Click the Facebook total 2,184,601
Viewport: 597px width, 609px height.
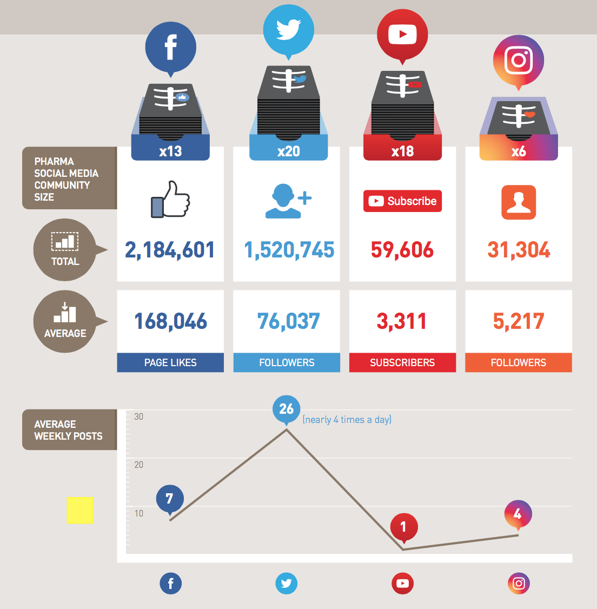[x=170, y=250]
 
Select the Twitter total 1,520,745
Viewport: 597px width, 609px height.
[x=289, y=250]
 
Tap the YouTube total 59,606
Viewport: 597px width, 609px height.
[x=402, y=250]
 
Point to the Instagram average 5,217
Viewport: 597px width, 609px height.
[x=518, y=321]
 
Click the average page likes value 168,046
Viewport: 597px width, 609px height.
[x=170, y=321]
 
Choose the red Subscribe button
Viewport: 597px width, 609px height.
[x=402, y=201]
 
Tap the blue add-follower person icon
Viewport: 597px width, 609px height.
[x=288, y=201]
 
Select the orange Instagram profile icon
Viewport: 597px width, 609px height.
[x=519, y=202]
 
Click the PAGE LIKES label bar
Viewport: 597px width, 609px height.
[x=170, y=362]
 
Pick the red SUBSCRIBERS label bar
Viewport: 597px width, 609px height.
[x=402, y=362]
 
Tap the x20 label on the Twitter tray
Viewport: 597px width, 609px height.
[x=288, y=151]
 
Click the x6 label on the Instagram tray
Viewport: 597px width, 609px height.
[x=519, y=151]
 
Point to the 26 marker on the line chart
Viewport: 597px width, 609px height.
[x=287, y=409]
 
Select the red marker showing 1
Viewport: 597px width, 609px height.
[x=403, y=526]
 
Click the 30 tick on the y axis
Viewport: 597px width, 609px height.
[x=139, y=416]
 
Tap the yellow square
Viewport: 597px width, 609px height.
[x=80, y=510]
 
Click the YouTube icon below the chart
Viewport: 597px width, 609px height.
[x=402, y=583]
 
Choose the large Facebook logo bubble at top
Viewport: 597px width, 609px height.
[x=170, y=47]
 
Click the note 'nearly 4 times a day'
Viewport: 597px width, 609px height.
[x=347, y=420]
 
